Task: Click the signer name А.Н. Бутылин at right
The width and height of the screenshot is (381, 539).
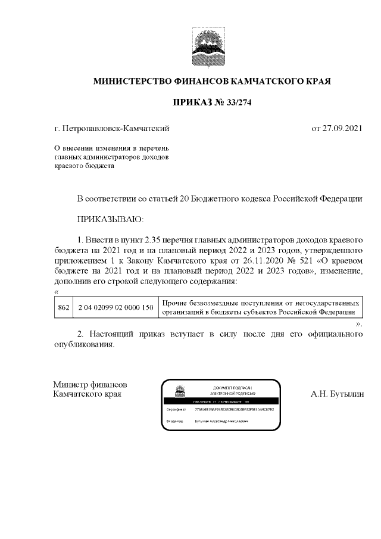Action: [x=336, y=394]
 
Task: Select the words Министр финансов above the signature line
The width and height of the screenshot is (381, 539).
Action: [x=89, y=385]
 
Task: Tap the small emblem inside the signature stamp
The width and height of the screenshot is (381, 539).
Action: [x=178, y=391]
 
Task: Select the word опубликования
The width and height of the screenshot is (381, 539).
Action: [x=82, y=345]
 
